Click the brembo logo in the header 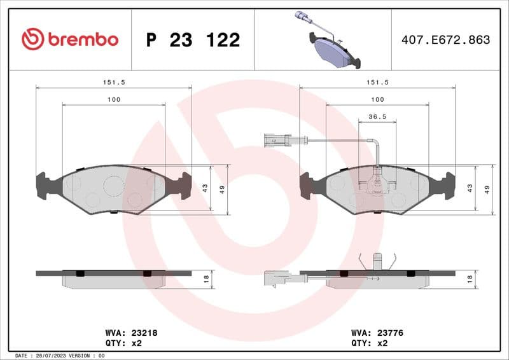[x=70, y=39]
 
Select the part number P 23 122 [x=193, y=40]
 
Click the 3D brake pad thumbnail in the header [x=328, y=39]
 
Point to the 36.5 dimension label [x=377, y=118]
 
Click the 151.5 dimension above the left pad [x=113, y=82]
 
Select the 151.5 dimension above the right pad [x=377, y=82]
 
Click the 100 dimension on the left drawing [x=113, y=99]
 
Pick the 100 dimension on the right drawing [x=377, y=99]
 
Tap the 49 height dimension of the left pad [x=222, y=189]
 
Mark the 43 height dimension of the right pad [x=470, y=188]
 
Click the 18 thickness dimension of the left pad [x=206, y=278]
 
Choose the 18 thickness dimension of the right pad [x=470, y=278]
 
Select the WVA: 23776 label [x=377, y=333]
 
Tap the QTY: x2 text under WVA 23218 [x=122, y=343]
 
